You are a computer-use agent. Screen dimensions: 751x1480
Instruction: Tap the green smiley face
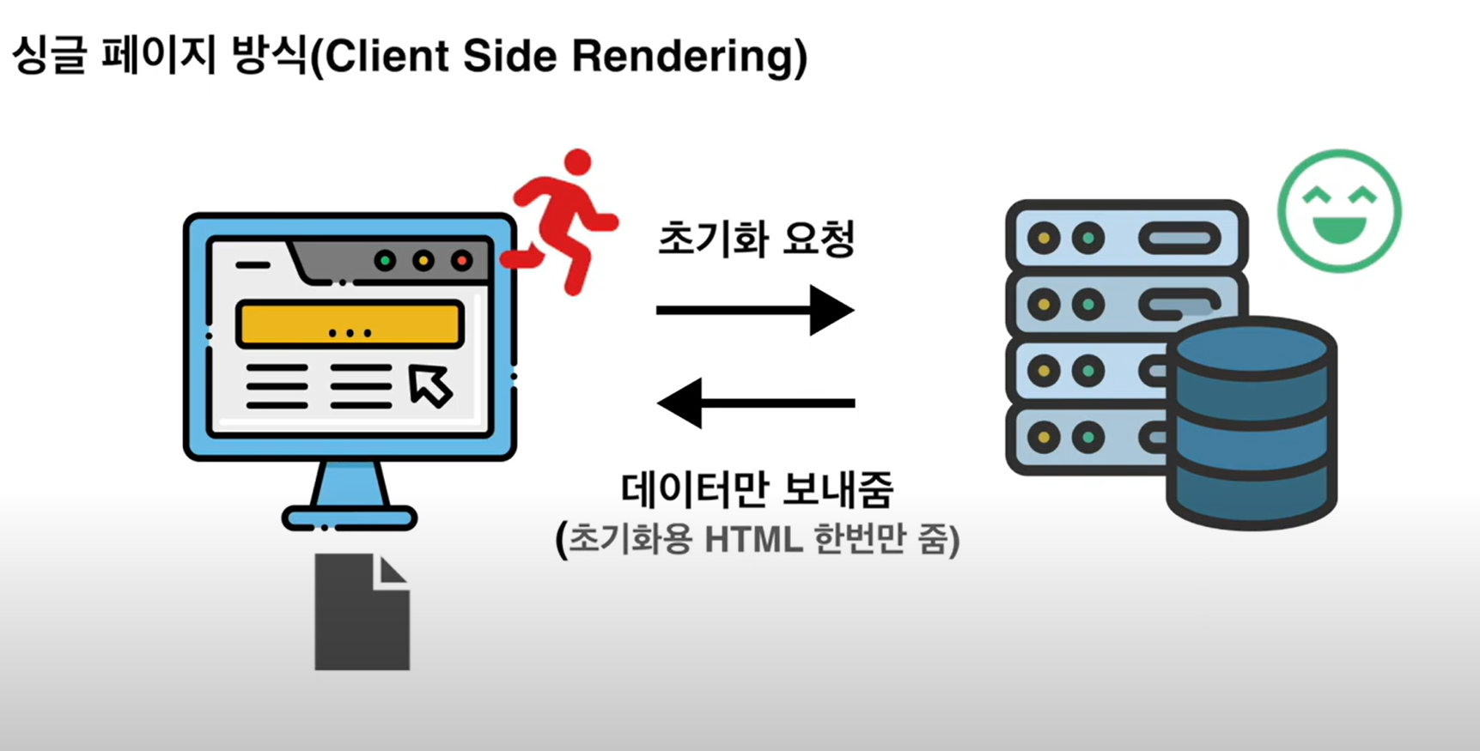[1339, 211]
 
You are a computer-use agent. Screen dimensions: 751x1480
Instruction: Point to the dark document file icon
[362, 612]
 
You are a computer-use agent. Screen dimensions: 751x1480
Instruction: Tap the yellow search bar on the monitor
[350, 324]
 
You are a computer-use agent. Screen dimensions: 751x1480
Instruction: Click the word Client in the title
[387, 57]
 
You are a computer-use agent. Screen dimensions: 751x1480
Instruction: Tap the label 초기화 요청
[756, 239]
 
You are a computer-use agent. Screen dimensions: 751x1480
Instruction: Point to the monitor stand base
[350, 518]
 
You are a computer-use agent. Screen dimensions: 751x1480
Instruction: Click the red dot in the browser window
[461, 260]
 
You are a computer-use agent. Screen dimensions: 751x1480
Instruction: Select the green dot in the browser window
[385, 260]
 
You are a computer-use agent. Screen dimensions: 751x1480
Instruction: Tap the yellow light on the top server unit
[1044, 238]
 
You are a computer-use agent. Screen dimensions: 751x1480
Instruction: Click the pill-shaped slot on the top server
[1179, 238]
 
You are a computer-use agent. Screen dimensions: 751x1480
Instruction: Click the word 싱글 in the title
[49, 57]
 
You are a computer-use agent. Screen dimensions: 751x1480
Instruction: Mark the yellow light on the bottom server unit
[1044, 438]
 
